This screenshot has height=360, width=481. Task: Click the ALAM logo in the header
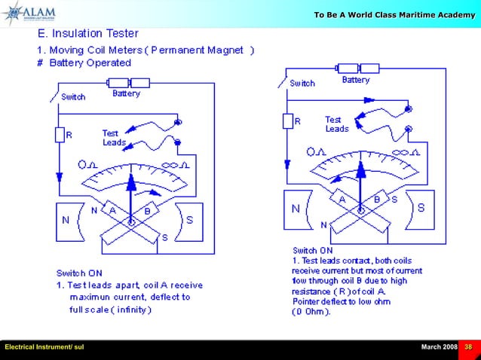tap(30, 14)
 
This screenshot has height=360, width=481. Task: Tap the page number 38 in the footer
tap(468, 346)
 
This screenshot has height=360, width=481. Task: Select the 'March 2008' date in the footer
tap(439, 346)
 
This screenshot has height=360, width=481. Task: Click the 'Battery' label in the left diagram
tap(126, 94)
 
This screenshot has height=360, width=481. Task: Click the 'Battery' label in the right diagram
tap(356, 80)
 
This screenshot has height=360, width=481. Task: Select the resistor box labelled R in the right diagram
tap(288, 121)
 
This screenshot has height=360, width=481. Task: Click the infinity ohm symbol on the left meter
tap(176, 164)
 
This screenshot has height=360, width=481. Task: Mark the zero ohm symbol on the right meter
tap(316, 151)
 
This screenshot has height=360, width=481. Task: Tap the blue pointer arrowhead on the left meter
tap(132, 181)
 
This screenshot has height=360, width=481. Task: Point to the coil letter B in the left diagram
tap(148, 211)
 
